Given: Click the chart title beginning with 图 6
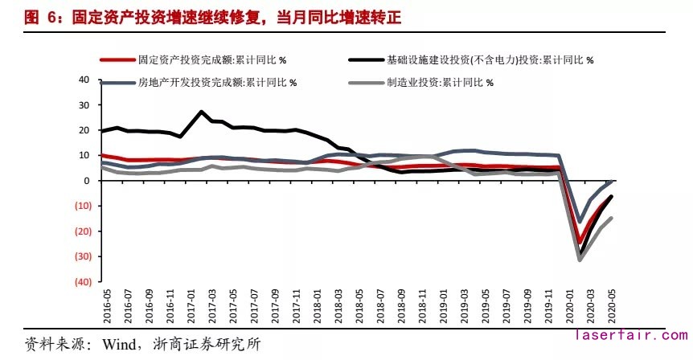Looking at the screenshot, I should coord(193,15).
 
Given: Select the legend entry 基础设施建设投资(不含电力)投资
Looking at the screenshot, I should coord(490,59).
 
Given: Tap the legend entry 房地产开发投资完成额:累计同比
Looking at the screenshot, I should coord(217,82).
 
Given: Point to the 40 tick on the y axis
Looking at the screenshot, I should coord(83,80).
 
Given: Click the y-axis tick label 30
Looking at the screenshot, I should coord(83,104).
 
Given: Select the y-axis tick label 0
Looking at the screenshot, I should coord(85,180).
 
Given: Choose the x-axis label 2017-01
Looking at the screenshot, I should coord(191,306).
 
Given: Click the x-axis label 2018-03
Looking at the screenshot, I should coord(338,306).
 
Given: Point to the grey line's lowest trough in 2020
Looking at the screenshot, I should coord(580,260).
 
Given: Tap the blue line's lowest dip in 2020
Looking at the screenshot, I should coord(580,221).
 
